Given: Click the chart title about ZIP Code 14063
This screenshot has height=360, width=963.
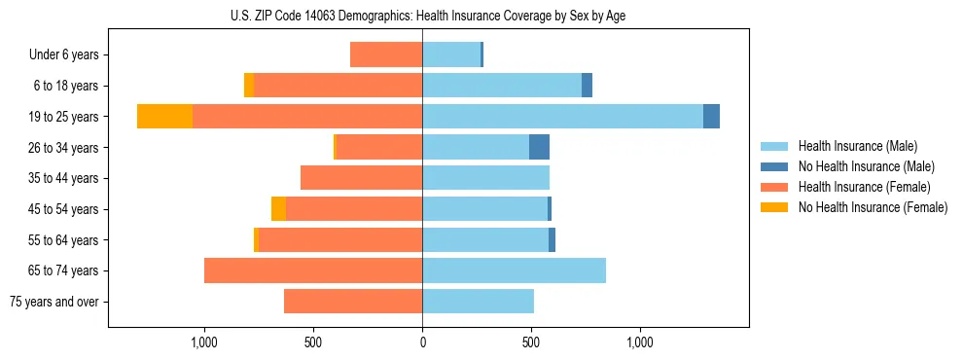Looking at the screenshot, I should [x=422, y=16].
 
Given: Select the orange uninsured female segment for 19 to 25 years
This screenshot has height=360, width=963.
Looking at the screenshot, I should [x=164, y=116].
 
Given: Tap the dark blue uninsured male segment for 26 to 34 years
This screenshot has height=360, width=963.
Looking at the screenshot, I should [x=539, y=147].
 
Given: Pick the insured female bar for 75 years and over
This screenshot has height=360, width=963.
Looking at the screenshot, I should [x=353, y=302].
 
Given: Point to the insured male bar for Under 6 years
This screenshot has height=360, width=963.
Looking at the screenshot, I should [x=451, y=54].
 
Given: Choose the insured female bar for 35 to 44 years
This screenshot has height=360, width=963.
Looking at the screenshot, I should [x=361, y=178].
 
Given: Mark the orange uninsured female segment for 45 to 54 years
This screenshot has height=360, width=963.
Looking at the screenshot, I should [x=278, y=209].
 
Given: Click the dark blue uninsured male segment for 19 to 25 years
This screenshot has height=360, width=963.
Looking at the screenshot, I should [x=711, y=116].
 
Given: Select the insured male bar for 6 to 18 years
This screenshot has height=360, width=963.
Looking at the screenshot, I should [x=502, y=86].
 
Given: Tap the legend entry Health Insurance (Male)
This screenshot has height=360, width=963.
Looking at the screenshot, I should [x=857, y=146].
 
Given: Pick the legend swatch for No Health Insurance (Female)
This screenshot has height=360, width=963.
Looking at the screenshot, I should [x=775, y=207].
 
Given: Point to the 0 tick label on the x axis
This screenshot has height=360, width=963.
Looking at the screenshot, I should [x=422, y=342].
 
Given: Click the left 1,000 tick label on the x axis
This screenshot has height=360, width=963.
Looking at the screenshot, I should [x=204, y=342].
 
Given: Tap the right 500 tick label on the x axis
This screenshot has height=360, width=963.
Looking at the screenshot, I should [x=531, y=342].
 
